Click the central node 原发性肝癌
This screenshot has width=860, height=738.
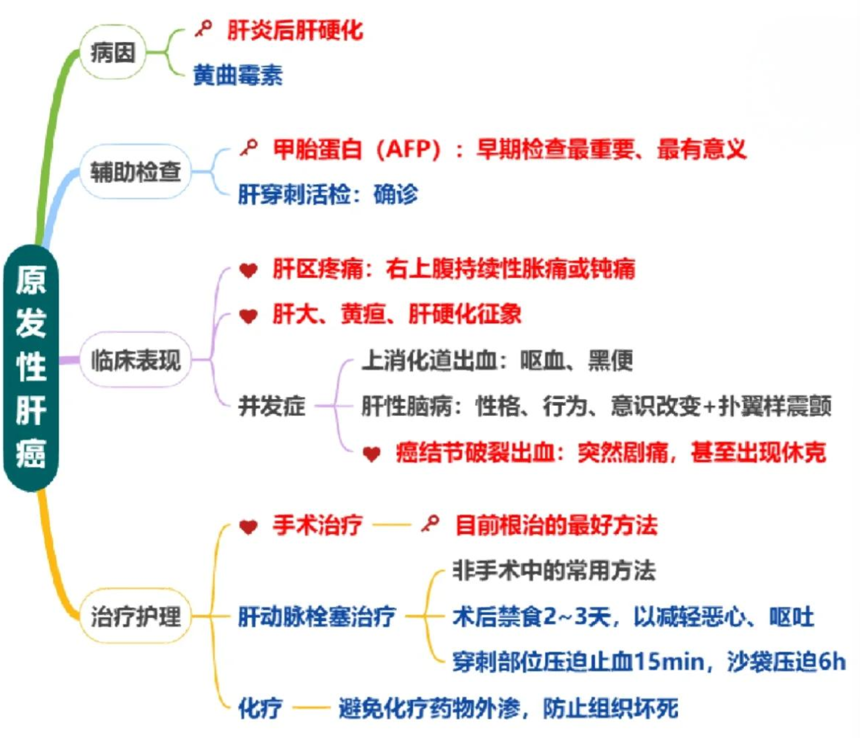31,367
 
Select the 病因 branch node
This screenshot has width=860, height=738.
113,52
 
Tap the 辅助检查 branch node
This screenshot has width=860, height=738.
135,172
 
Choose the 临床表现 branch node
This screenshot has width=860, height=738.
135,360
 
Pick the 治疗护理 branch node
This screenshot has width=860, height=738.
135,616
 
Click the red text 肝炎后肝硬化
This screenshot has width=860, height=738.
295,30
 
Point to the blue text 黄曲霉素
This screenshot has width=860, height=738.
237,75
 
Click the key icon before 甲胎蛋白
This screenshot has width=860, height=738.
249,147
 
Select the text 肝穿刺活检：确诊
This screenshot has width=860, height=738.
327,194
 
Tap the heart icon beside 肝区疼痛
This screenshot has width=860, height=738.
248,270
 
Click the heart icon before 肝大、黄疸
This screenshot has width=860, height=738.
248,315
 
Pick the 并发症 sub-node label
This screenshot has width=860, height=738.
272,405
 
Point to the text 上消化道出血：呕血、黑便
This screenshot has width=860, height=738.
497,360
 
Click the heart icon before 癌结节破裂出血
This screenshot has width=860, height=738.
371,454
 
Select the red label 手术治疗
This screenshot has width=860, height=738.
317,524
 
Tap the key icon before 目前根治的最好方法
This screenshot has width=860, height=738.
431,523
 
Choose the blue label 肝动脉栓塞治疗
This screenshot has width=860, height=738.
317,616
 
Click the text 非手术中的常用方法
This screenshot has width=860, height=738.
554,570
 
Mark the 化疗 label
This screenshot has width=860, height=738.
260,708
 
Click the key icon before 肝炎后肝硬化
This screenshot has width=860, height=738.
203,28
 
